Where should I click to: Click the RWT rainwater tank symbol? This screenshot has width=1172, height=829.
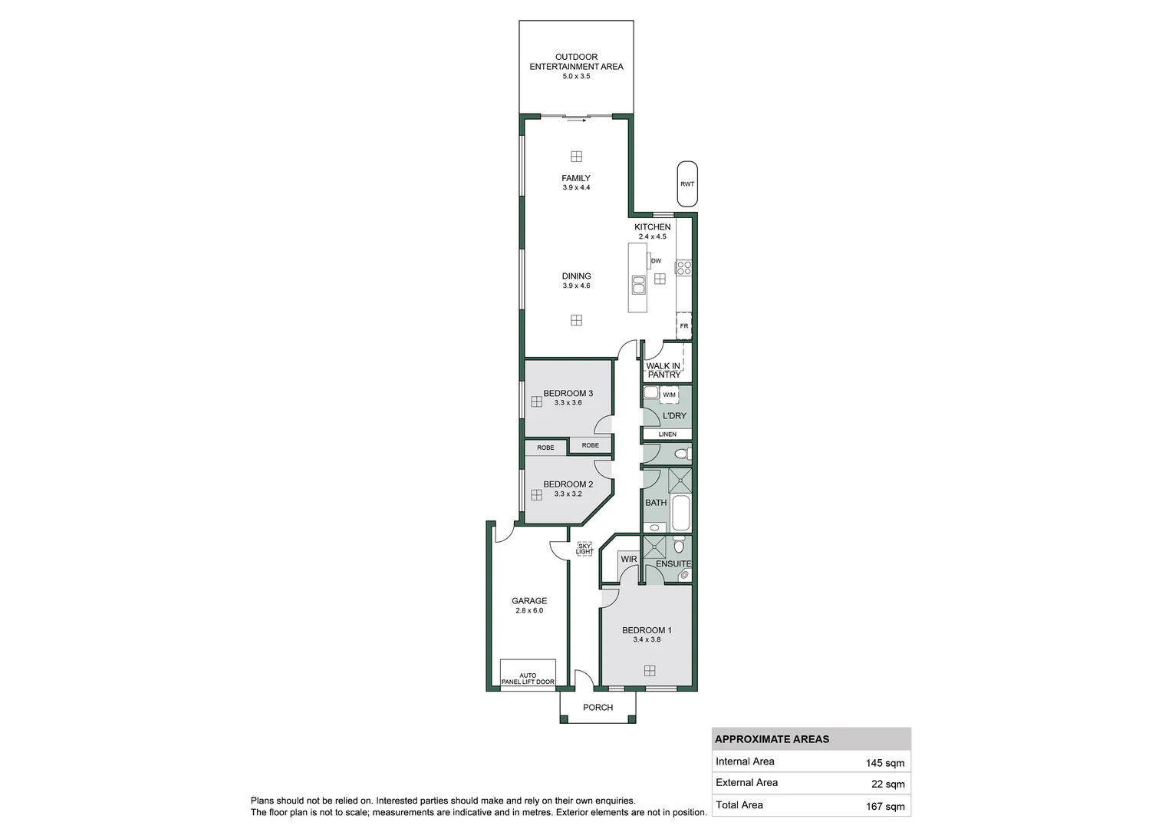(x=687, y=184)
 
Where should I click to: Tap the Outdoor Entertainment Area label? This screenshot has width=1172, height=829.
(x=576, y=61)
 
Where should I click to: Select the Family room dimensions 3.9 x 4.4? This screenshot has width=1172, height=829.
(x=576, y=188)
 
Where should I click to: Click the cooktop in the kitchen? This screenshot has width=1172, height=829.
(x=683, y=268)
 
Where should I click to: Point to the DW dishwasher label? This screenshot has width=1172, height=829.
(x=656, y=261)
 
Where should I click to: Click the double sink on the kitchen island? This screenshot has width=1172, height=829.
(x=638, y=285)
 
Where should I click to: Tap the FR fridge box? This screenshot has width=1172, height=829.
(x=684, y=325)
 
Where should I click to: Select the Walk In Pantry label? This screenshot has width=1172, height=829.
(x=663, y=371)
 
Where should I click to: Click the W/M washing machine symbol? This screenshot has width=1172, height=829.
(x=669, y=395)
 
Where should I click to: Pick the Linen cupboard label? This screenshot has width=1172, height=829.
(x=667, y=434)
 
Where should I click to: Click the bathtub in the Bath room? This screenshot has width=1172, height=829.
(x=681, y=513)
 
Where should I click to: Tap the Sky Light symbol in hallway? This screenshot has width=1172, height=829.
(x=584, y=549)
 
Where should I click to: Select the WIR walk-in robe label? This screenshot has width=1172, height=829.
(x=629, y=560)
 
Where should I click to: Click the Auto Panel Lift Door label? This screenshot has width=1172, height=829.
(x=528, y=679)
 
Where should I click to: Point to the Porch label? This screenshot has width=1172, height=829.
(x=598, y=708)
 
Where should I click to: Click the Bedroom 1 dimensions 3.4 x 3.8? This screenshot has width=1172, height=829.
(x=647, y=640)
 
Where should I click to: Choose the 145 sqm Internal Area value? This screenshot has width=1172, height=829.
(x=885, y=763)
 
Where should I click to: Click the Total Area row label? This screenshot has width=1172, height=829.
(x=739, y=805)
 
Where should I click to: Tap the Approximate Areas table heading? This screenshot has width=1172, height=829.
(x=772, y=740)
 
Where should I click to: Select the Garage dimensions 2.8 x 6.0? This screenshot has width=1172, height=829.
(x=529, y=611)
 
